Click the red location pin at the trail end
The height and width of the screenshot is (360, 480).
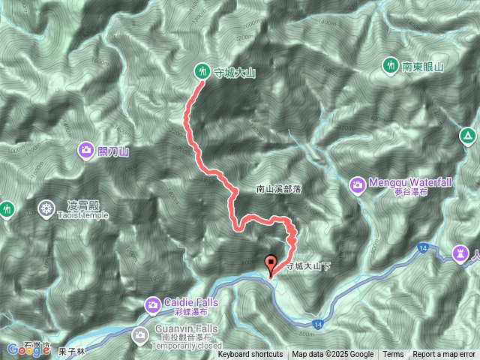(271, 264)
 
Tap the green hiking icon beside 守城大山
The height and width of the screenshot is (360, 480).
(202, 72)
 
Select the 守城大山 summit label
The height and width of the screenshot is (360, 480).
(235, 73)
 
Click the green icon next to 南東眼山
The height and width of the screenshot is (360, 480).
(390, 66)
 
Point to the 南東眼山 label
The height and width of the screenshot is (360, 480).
(425, 67)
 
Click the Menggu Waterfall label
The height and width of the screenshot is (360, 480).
(409, 182)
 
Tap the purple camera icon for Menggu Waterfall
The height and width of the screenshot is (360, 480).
(356, 184)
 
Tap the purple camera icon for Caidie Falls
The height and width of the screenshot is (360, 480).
(152, 304)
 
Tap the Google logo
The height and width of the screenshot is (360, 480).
(24, 349)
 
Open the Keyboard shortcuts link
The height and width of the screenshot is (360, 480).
(250, 355)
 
